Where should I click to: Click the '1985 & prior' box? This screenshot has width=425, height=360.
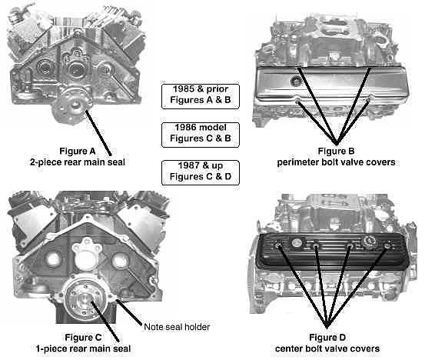201,96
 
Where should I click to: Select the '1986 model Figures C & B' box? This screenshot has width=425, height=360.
201,135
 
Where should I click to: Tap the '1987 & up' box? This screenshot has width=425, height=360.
201,173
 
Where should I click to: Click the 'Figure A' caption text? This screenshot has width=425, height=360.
78,151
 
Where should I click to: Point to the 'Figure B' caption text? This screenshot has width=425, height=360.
336,151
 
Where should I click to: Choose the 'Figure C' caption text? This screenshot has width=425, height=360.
83,338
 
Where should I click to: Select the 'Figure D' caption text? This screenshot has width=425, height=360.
327,338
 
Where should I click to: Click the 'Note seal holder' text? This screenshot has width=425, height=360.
177,327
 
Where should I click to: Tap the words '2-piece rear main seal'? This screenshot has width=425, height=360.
78,162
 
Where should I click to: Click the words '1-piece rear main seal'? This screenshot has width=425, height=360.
84,348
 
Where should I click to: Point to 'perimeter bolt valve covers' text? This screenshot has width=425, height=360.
336,162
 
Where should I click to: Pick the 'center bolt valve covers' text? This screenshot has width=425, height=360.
327,348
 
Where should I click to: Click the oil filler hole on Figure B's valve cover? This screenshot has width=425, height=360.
296,81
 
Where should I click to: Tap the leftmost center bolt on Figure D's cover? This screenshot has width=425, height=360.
278,246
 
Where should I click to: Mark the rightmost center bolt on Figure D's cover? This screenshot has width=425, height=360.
387,246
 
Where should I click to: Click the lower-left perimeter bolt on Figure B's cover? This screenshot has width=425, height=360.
297,102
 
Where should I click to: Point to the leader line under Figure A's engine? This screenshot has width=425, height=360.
98,132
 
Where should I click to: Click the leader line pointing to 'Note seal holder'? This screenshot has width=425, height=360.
129,312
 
